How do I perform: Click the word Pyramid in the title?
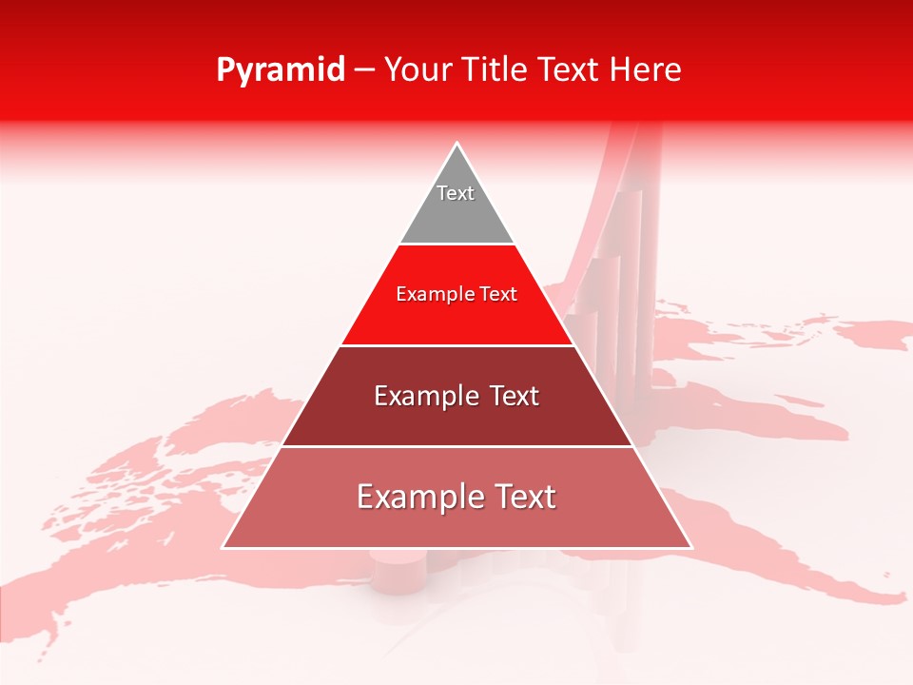coord(281,70)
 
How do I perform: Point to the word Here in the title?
coord(645,69)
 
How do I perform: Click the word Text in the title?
coord(571,69)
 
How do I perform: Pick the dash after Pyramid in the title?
coord(364,70)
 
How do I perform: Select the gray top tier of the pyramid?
coord(456,214)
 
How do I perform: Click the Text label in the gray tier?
coord(456,193)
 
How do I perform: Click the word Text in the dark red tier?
coord(513,396)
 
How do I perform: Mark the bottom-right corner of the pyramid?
coord(690,547)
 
